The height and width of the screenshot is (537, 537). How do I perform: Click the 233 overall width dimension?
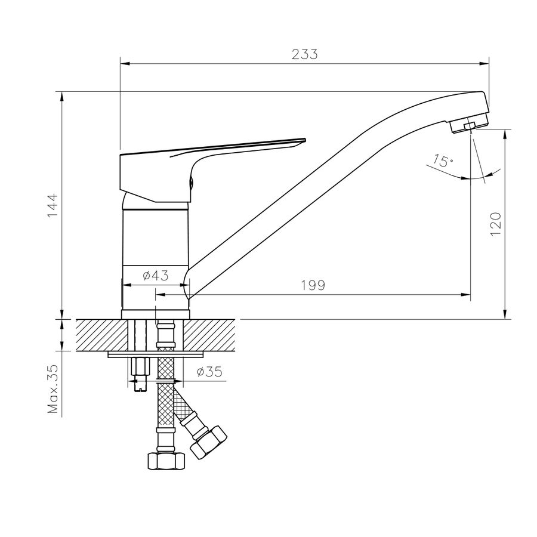304,54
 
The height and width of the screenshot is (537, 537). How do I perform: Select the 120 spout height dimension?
496,224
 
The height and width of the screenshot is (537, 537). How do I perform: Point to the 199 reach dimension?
313,285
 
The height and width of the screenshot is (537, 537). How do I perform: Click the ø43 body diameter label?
156,275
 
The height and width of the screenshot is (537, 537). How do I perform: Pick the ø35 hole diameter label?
209,372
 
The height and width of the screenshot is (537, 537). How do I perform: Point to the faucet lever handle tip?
303,140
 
